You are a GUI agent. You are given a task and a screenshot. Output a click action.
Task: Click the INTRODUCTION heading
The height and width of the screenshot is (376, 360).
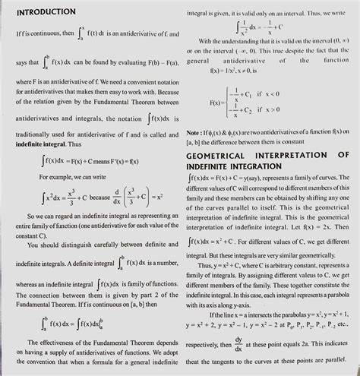[x=46, y=13]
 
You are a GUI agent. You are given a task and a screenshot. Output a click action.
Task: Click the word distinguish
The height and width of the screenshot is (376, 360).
[x=81, y=245]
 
